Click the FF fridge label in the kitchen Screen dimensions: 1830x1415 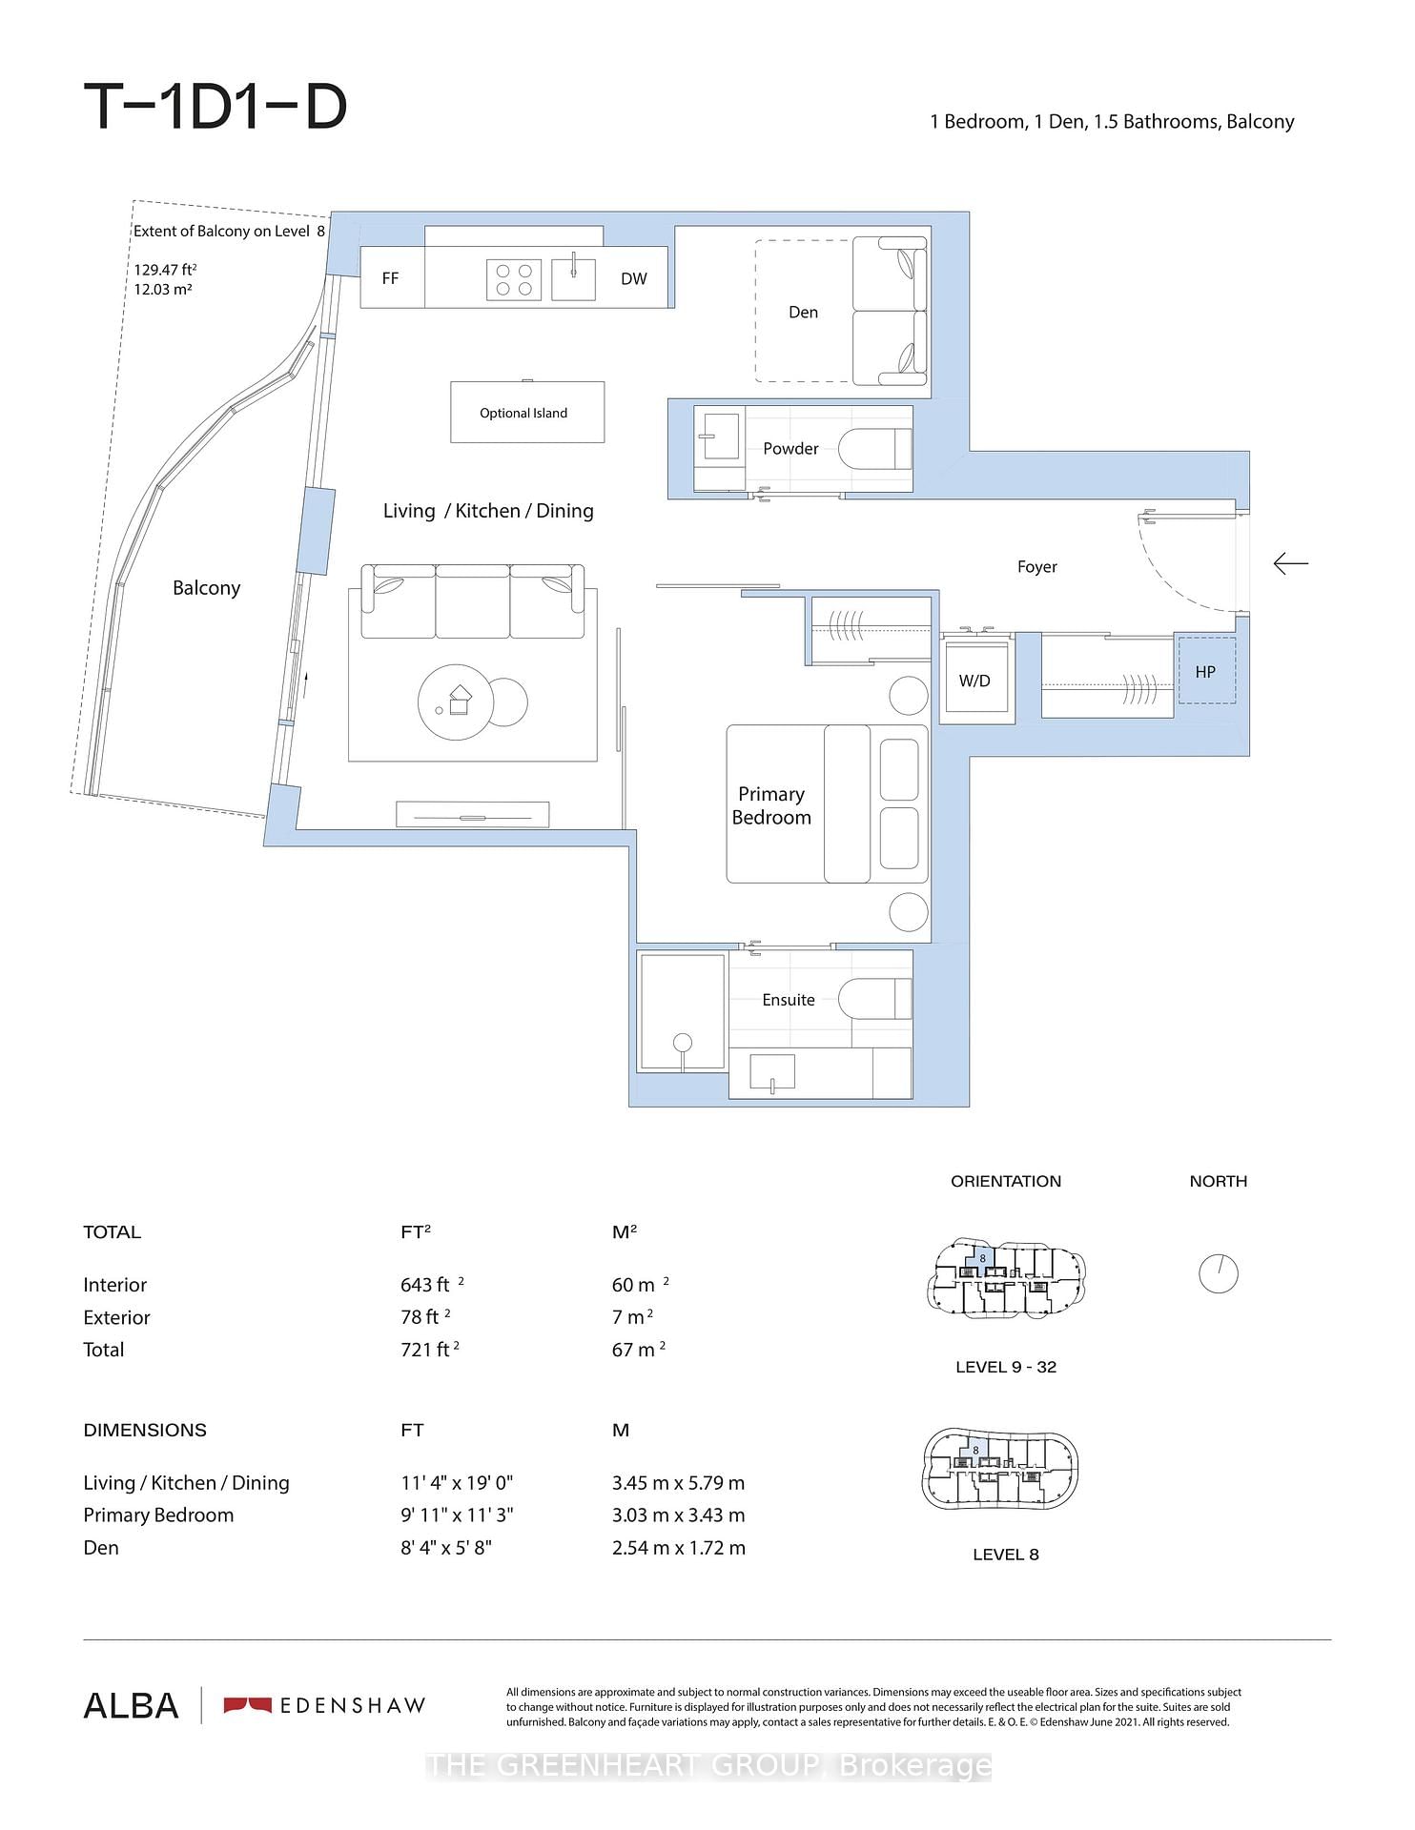390,278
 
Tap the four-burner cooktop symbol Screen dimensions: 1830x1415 514,279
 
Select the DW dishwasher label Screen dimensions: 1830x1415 633,278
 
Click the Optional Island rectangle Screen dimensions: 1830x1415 526,412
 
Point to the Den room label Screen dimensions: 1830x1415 803,312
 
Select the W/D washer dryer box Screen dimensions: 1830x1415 976,681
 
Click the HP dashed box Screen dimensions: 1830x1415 1205,671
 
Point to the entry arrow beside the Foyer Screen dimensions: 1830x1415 1290,564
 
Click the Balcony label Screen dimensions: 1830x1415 206,587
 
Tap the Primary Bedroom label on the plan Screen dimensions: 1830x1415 771,805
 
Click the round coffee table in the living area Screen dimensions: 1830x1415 456,702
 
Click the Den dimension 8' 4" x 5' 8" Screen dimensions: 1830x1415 445,1547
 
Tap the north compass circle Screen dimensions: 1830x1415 1218,1273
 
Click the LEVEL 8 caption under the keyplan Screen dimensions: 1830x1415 1005,1555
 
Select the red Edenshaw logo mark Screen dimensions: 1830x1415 247,1705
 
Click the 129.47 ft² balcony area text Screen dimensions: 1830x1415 165,270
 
